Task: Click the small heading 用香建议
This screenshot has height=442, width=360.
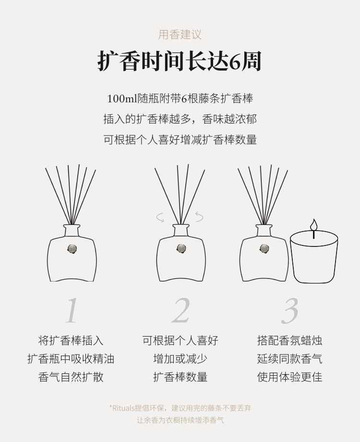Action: coord(180,35)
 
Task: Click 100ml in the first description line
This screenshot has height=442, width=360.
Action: coord(122,98)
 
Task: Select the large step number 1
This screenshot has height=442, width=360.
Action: coord(72,310)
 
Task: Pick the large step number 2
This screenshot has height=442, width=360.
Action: coord(180,310)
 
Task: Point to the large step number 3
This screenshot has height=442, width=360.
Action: coord(289,310)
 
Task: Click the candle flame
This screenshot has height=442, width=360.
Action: coord(313,225)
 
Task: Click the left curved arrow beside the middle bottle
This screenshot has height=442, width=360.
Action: coord(160,218)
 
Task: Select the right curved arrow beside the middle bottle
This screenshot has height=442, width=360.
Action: coord(199,217)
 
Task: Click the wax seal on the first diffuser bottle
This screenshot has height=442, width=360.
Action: coord(72,249)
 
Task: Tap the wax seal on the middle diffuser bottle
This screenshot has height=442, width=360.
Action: coord(181,249)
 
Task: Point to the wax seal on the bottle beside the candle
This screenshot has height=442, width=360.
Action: coord(264,249)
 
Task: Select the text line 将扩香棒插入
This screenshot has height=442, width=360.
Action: coord(71,341)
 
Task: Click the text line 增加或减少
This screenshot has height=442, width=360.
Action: coord(180,359)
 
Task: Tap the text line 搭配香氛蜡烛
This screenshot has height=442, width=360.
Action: coord(289,341)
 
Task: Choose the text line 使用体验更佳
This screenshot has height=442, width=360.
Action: coord(289,377)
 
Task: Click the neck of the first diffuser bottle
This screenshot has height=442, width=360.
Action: coord(72,231)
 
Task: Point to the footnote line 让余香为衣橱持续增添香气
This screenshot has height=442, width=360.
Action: coord(180,420)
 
